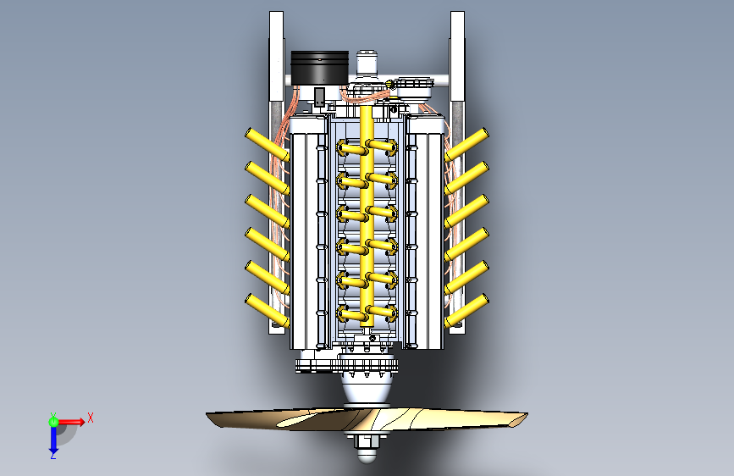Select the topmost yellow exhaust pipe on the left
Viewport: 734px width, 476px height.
[x=267, y=144]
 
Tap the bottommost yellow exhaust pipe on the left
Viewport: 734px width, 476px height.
[x=267, y=309]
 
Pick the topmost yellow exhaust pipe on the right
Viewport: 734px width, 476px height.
[x=467, y=144]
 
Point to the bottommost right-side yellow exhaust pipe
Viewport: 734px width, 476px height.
[x=467, y=310]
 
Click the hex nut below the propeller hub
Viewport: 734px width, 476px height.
[x=367, y=440]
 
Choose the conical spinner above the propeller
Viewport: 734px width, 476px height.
[x=367, y=391]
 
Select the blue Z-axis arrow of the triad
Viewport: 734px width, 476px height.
[x=52, y=439]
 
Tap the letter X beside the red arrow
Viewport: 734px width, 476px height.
[x=90, y=417]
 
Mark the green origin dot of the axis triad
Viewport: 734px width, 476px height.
[x=53, y=420]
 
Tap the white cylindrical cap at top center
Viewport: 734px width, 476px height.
[x=367, y=61]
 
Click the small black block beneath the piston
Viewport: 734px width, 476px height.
[x=319, y=97]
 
